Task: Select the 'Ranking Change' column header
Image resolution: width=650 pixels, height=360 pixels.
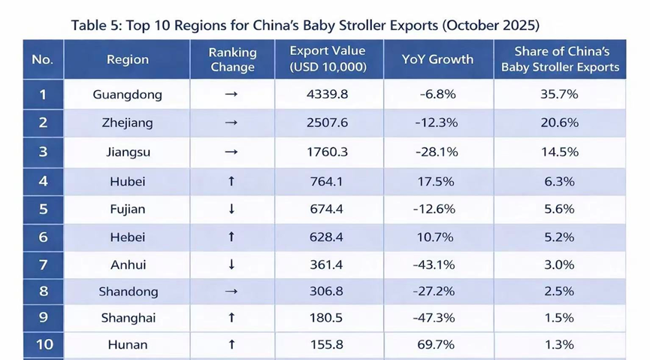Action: click(232, 59)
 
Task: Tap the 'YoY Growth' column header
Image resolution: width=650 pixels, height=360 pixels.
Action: click(437, 59)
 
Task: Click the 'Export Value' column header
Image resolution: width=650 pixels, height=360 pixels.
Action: click(328, 59)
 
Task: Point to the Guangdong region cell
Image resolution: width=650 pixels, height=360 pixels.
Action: click(127, 95)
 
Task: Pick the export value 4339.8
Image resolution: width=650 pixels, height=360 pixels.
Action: click(328, 95)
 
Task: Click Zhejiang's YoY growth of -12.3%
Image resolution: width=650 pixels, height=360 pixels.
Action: click(437, 123)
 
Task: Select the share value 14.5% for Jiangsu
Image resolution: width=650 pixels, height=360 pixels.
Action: click(559, 152)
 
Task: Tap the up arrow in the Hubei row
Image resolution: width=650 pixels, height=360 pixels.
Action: click(231, 180)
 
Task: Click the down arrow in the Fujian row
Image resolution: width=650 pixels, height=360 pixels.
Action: click(231, 209)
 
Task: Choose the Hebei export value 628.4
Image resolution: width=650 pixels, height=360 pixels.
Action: click(328, 237)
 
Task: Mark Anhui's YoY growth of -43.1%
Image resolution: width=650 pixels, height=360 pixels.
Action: click(437, 265)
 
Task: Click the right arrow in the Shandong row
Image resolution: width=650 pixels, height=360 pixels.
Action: click(231, 292)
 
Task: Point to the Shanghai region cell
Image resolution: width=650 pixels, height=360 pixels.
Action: click(128, 318)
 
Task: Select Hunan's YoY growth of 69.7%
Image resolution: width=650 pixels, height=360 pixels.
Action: click(437, 345)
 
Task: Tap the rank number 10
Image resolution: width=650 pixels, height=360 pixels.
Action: click(43, 345)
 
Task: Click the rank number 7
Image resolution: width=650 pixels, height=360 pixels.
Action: click(43, 265)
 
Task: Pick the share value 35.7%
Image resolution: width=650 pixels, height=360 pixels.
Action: click(559, 95)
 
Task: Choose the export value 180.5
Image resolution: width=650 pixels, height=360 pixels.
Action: click(328, 318)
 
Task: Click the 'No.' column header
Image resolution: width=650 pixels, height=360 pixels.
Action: click(43, 59)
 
